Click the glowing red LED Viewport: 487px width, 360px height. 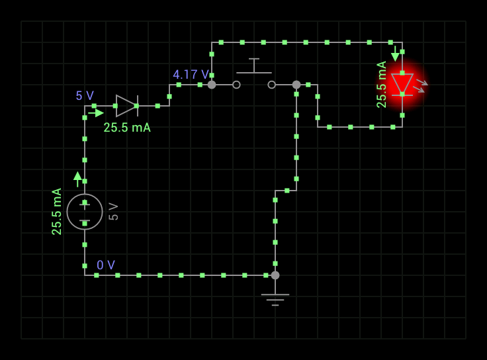(x=402, y=84)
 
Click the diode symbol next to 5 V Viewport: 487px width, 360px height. (x=126, y=106)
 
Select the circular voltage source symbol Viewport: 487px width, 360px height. (x=85, y=212)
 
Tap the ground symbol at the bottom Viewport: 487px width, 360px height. (x=275, y=298)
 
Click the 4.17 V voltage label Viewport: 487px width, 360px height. (x=191, y=75)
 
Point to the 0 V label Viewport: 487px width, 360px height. (x=106, y=265)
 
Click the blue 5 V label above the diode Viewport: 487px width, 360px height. (x=85, y=96)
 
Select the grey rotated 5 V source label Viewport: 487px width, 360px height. (x=114, y=212)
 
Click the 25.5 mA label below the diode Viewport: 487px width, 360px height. (x=127, y=128)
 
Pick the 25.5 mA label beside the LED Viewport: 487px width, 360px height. (x=382, y=84)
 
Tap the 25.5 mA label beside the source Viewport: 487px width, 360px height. (x=57, y=211)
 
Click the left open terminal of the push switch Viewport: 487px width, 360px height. (x=236, y=85)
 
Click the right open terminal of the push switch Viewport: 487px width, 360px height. (x=271, y=85)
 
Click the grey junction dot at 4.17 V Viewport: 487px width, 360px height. (x=212, y=85)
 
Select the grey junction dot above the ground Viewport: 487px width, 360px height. (x=275, y=275)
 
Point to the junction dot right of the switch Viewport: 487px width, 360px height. (x=296, y=85)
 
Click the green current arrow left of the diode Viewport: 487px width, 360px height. (x=97, y=112)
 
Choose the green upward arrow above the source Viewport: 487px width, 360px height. (x=77, y=178)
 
